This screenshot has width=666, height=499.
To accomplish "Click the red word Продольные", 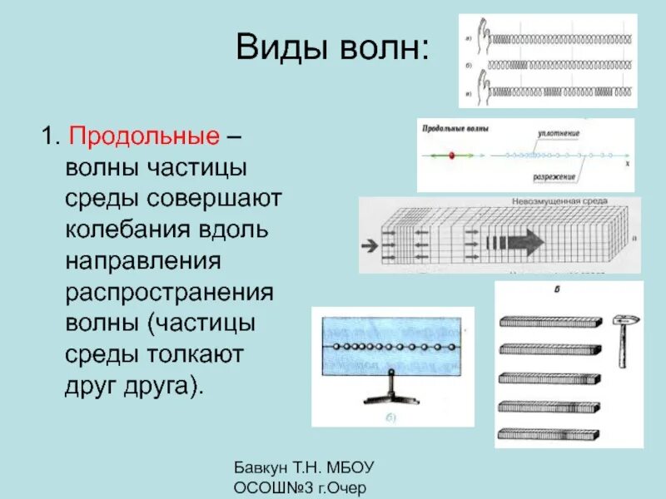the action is point(144,135).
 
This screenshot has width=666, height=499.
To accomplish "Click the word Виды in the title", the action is point(278,47).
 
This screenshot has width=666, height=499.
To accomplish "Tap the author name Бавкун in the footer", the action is point(264,467).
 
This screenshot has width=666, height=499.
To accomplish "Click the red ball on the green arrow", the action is point(450,155).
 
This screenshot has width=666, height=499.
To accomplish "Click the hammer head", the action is point(622,319).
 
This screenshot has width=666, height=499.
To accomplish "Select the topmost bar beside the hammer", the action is point(549,321).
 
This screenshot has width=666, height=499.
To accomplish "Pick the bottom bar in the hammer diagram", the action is point(549,433).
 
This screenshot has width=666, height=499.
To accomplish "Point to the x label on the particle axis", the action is point(626,165).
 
